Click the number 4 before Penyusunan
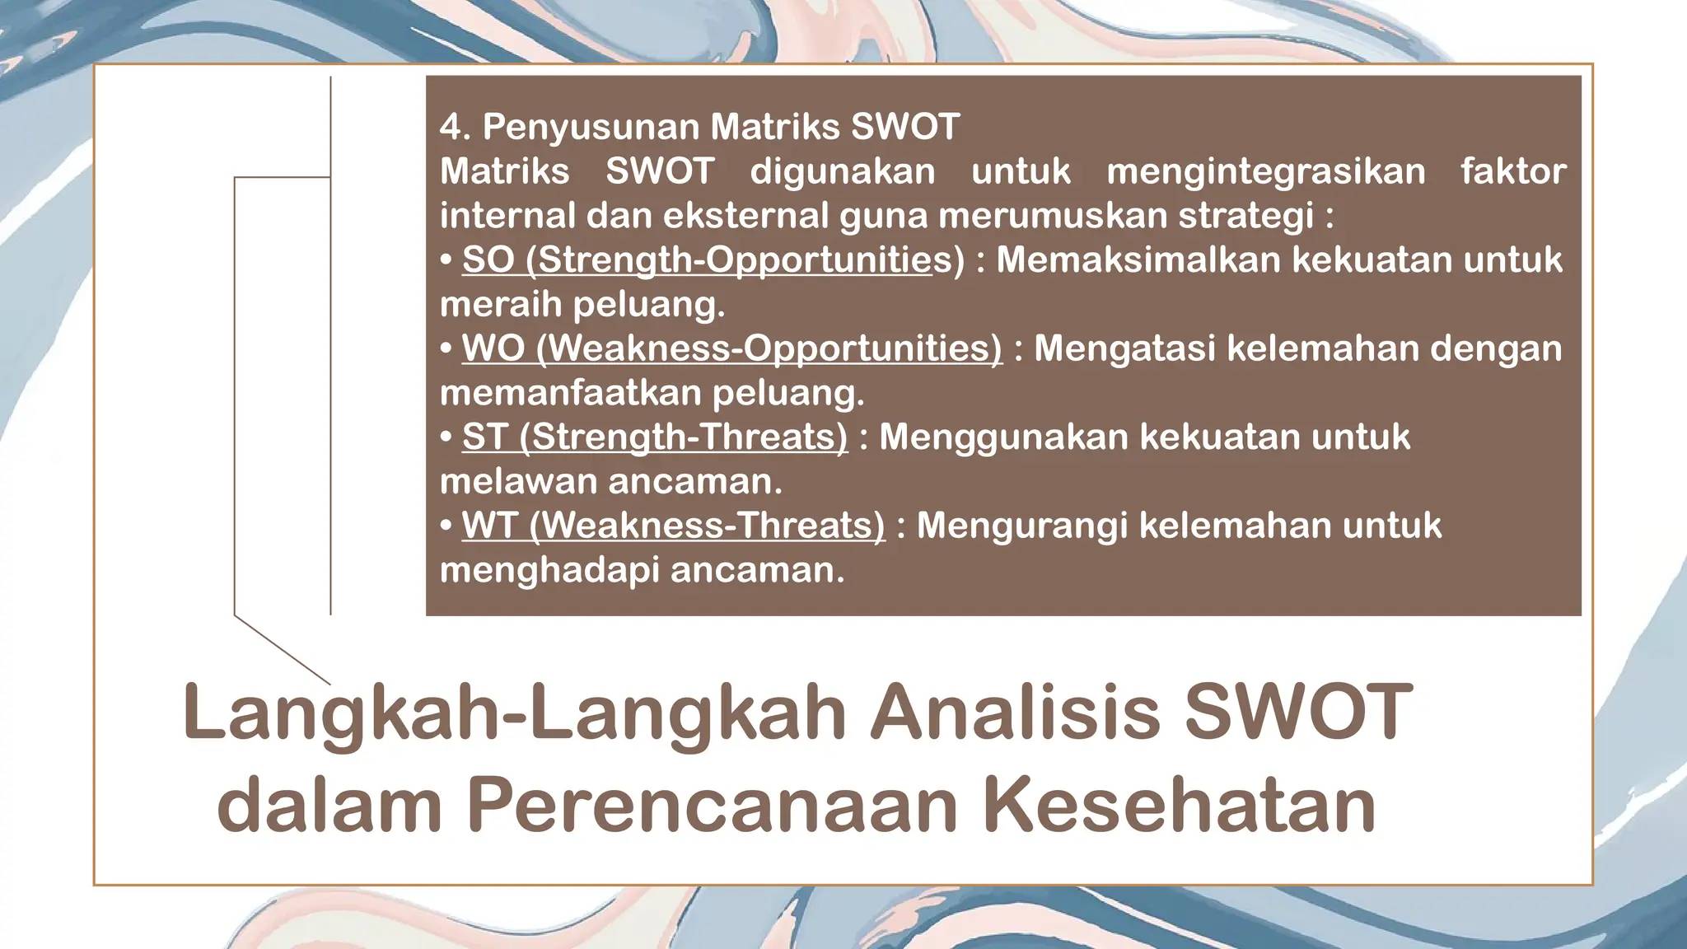(x=450, y=127)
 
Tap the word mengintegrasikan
(x=1265, y=171)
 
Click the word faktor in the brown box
(x=1512, y=171)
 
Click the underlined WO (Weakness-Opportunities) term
(x=731, y=348)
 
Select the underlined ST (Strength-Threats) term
(x=654, y=437)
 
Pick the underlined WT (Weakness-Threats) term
(x=673, y=525)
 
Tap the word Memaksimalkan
(x=1137, y=259)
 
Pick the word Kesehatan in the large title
(x=1178, y=806)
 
